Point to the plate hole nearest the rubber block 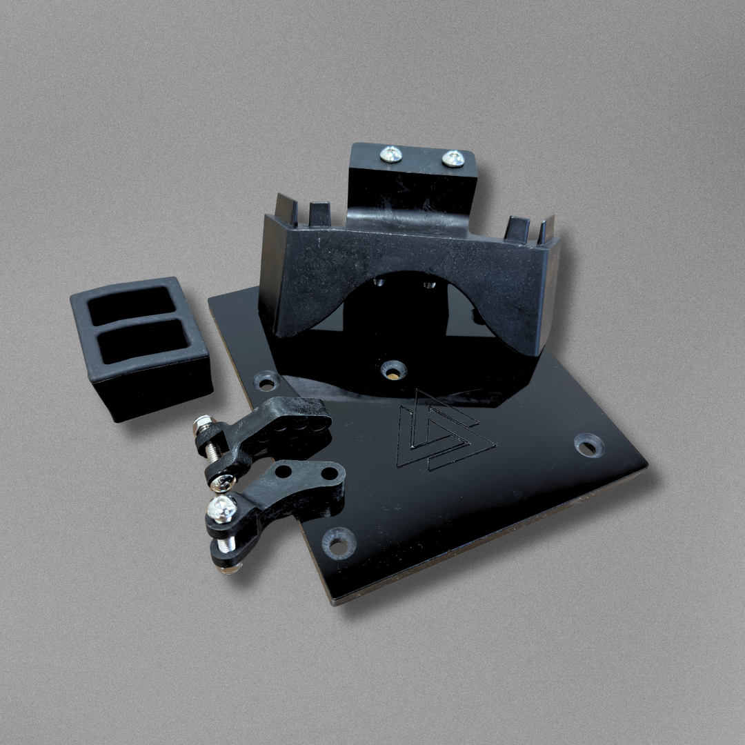coord(266,381)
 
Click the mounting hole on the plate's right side coord(588,445)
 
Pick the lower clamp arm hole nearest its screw coord(284,473)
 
